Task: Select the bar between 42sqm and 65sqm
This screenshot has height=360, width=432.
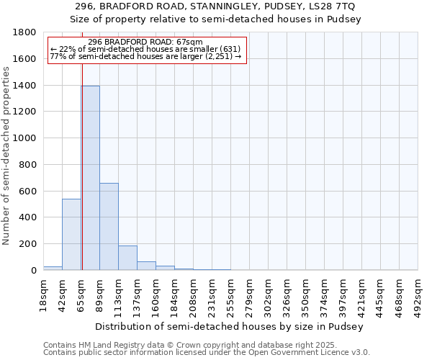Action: click(x=71, y=234)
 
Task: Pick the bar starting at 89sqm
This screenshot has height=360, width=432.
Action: click(x=109, y=226)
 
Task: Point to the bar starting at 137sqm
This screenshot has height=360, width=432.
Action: click(x=146, y=266)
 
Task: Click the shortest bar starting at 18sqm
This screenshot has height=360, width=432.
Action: click(x=53, y=268)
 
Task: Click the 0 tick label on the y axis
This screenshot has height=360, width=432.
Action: click(x=34, y=270)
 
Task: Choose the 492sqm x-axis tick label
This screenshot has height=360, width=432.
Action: click(x=418, y=294)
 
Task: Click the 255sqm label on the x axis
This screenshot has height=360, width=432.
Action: click(x=230, y=294)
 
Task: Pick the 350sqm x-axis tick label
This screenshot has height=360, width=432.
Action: click(x=305, y=294)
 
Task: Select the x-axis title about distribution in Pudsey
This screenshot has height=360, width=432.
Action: click(x=230, y=326)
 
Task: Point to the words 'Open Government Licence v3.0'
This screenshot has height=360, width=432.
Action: click(x=316, y=352)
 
